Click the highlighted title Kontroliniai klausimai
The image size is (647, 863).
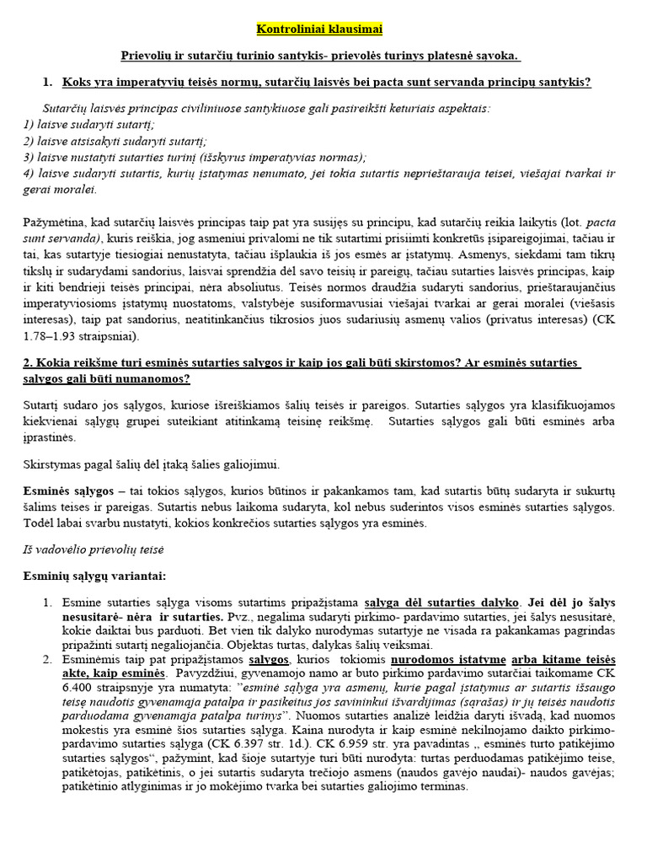(x=319, y=29)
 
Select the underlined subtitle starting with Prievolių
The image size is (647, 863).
(x=319, y=56)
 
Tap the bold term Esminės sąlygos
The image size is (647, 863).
(x=67, y=491)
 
